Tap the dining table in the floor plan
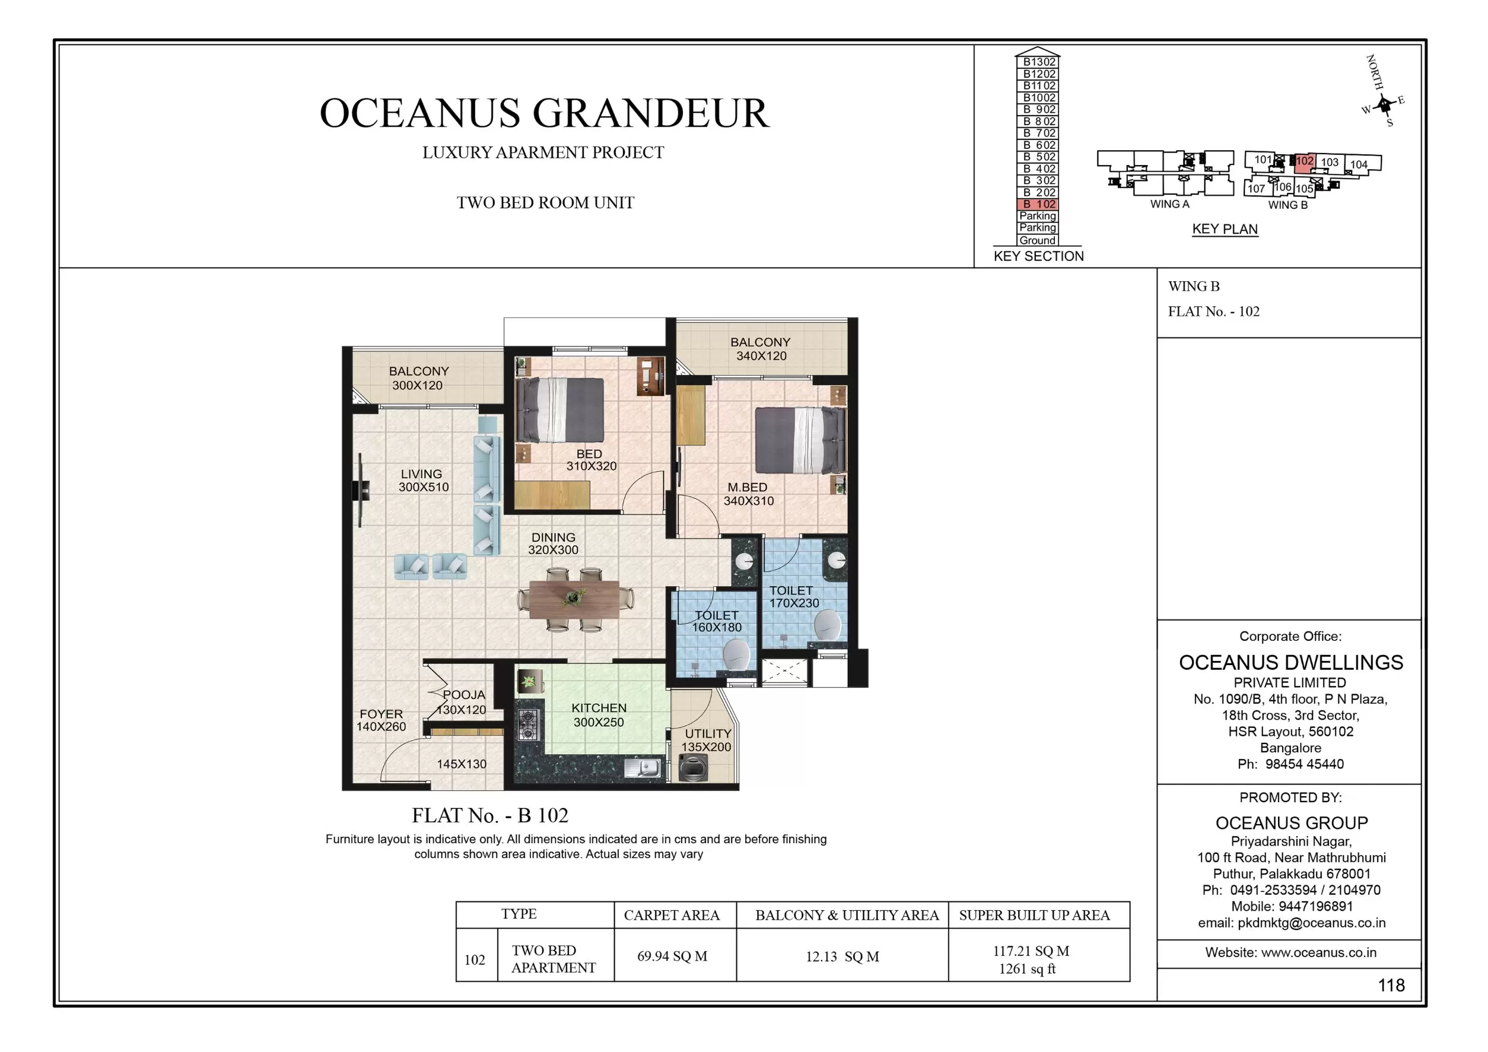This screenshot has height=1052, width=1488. (573, 599)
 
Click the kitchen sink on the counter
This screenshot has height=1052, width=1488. (643, 769)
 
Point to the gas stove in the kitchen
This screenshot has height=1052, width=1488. (528, 725)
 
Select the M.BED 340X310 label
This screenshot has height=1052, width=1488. (748, 494)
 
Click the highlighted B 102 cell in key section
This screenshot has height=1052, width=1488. (1038, 204)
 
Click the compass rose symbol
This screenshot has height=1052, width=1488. (1384, 104)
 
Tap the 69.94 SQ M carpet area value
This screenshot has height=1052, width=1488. (672, 956)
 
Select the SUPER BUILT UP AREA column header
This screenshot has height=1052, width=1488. (1034, 915)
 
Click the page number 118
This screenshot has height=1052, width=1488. (1391, 985)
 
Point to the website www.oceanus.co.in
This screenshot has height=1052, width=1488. (1290, 952)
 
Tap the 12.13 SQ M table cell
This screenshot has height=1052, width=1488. (842, 956)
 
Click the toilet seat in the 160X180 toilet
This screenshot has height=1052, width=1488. (736, 654)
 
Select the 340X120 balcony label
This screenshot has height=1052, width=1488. (760, 349)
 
